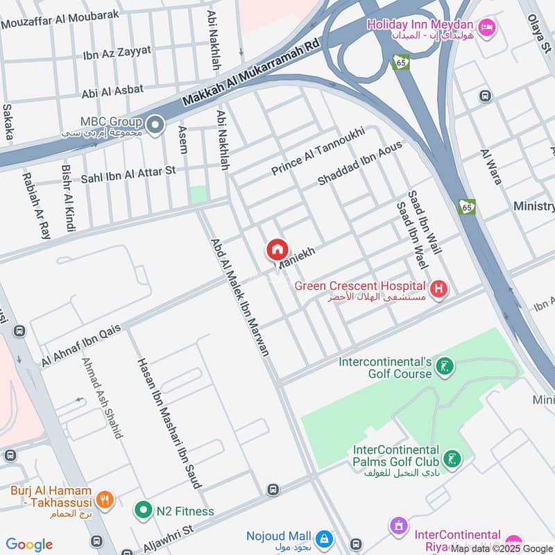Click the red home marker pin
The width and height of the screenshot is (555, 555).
click(x=276, y=250)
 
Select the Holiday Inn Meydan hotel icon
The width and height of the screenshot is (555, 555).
click(x=488, y=26)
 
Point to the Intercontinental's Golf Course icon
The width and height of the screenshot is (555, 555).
click(x=445, y=368)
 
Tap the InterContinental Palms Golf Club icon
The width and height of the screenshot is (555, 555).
click(x=452, y=459)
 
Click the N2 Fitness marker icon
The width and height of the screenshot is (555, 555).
click(x=143, y=511)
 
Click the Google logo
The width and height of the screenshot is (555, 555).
click(x=29, y=545)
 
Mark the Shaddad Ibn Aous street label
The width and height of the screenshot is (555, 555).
click(x=359, y=162)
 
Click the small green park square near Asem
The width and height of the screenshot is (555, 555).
click(x=199, y=195)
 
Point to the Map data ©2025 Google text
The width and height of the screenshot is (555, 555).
click(x=502, y=549)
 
